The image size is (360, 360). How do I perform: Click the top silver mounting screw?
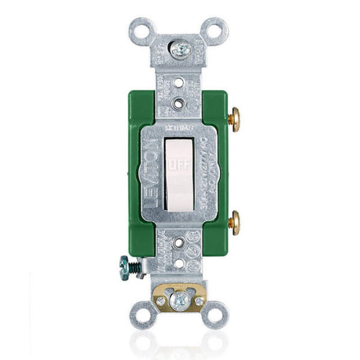(x=179, y=49)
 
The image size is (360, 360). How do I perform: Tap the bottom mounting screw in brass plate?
(x=180, y=299)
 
